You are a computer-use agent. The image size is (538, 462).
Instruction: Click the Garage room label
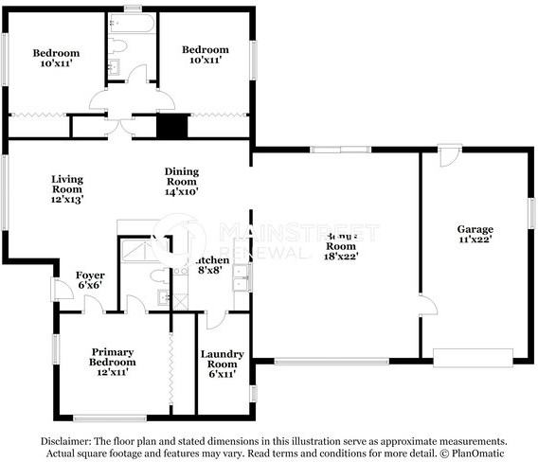475,234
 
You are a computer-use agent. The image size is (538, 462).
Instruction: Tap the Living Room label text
67,189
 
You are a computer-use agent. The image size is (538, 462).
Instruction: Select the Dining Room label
182,181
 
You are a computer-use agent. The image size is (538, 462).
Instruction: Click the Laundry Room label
223,364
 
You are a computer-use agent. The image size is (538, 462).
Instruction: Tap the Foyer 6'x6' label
90,280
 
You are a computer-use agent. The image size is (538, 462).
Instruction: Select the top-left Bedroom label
56,59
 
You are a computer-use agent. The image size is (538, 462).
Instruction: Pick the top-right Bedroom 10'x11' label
206,55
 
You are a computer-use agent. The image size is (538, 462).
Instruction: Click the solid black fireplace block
171,126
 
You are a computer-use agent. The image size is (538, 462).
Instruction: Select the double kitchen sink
242,279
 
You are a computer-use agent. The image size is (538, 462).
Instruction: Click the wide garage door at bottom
473,357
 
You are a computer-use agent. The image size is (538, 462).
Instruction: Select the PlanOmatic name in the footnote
477,453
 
